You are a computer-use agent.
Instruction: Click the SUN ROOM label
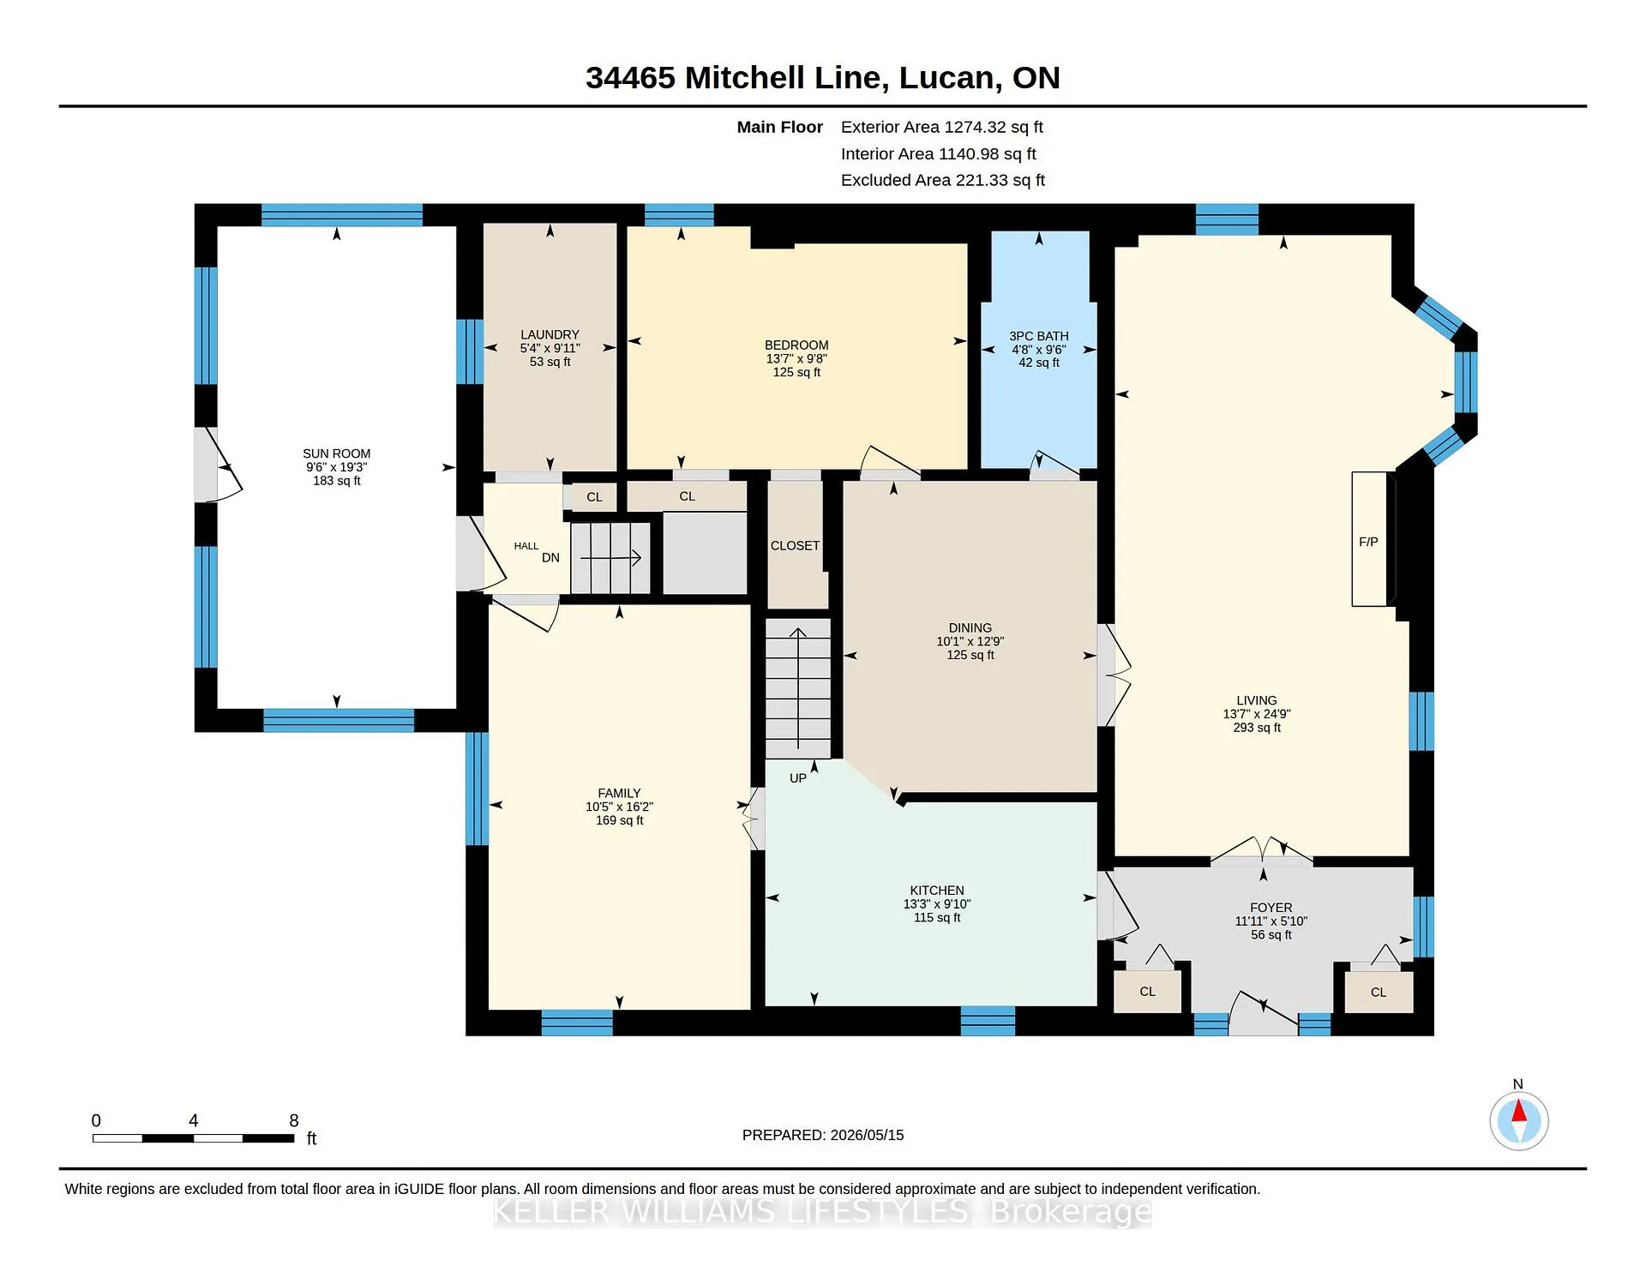click(336, 453)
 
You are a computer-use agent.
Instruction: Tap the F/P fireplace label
click(1368, 542)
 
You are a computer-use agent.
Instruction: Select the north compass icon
click(1518, 1120)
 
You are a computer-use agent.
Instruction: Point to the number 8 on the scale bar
click(294, 1120)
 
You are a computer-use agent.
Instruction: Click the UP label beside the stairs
click(798, 778)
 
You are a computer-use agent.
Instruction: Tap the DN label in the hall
click(550, 557)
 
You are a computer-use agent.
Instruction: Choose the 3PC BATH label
click(1039, 336)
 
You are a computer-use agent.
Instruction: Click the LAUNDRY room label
click(550, 334)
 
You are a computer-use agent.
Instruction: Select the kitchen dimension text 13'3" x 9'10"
click(937, 904)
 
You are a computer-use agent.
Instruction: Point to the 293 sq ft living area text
click(1257, 728)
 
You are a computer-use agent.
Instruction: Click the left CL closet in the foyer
click(1148, 992)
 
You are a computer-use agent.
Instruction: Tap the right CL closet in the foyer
click(1379, 993)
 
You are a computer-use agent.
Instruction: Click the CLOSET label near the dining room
click(795, 545)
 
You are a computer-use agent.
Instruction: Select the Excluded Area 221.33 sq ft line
click(943, 180)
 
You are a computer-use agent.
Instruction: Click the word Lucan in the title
click(946, 78)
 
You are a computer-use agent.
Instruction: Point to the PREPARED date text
click(823, 1135)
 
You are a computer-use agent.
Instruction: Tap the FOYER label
click(1271, 908)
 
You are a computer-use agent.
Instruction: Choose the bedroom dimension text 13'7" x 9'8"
click(796, 359)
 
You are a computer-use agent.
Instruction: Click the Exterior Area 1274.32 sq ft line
click(942, 127)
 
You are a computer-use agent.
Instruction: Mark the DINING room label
click(970, 627)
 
